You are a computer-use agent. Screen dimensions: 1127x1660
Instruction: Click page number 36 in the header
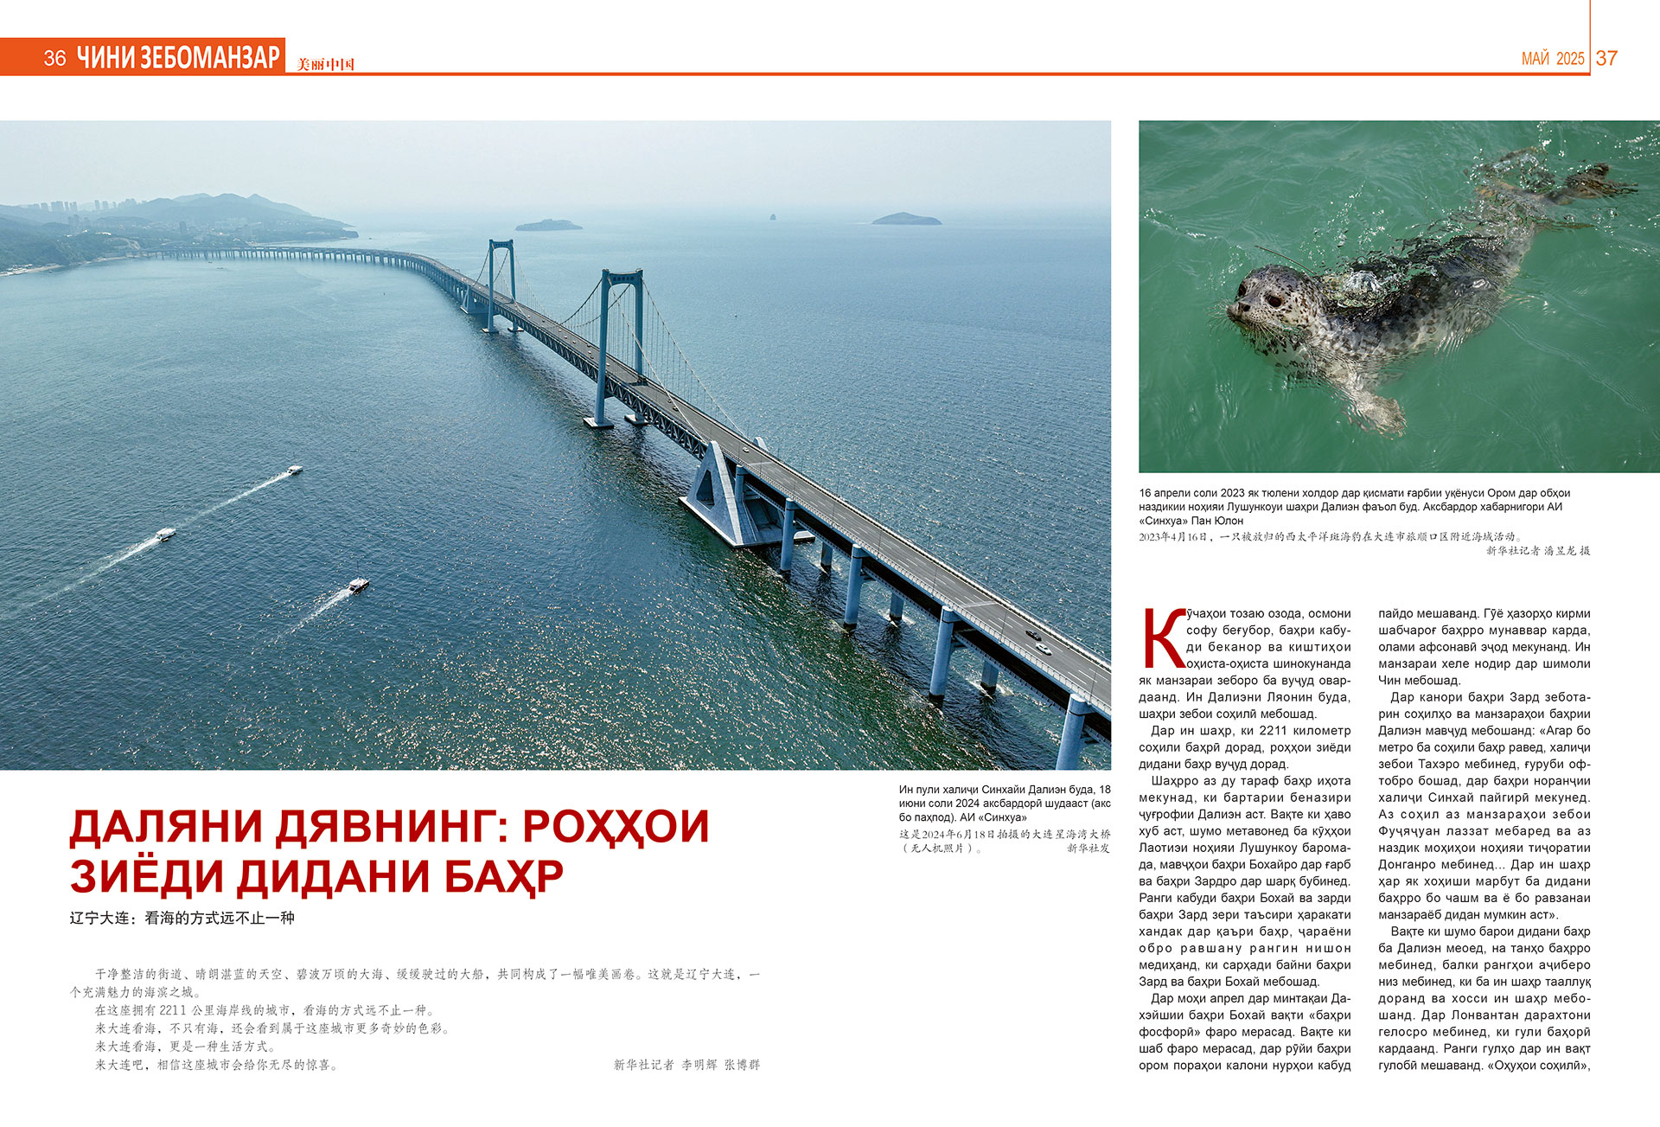pyautogui.click(x=54, y=58)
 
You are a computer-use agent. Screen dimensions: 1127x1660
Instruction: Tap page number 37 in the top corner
pyautogui.click(x=1606, y=58)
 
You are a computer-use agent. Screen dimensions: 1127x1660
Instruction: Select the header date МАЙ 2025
pyautogui.click(x=1553, y=59)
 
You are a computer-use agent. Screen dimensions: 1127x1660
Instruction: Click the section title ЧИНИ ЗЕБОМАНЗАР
pyautogui.click(x=179, y=57)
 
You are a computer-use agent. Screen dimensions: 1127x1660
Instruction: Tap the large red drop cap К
pyautogui.click(x=1162, y=639)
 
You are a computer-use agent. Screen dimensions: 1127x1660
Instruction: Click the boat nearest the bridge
pyautogui.click(x=359, y=586)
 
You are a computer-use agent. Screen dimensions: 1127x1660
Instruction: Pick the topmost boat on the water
pyautogui.click(x=295, y=471)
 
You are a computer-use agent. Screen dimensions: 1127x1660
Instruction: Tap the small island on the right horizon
pyautogui.click(x=905, y=219)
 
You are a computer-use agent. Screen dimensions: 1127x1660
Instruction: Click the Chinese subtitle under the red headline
pyautogui.click(x=182, y=918)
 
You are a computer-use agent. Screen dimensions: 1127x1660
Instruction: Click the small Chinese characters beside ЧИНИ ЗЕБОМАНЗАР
pyautogui.click(x=325, y=64)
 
